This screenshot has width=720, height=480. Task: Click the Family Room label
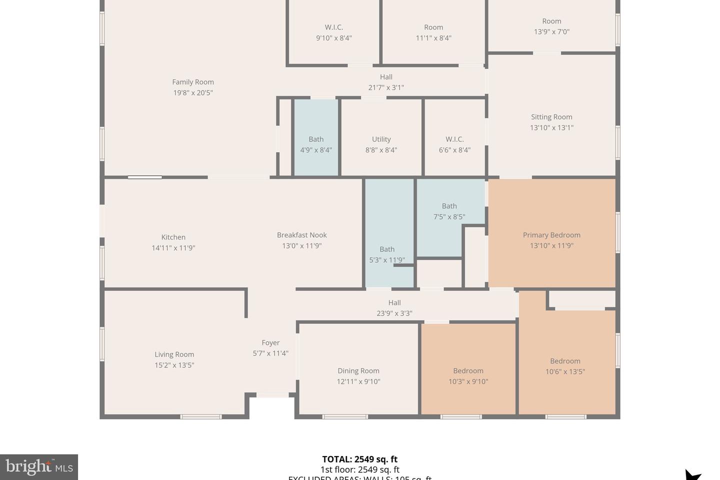click(x=193, y=82)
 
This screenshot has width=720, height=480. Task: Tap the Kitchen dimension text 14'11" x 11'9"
click(x=173, y=248)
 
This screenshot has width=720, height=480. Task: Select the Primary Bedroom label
click(x=551, y=235)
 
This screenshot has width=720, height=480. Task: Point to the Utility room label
click(x=381, y=139)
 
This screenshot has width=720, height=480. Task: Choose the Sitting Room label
click(x=551, y=117)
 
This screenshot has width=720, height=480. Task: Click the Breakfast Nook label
click(x=302, y=235)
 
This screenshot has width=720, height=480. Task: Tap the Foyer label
click(x=270, y=342)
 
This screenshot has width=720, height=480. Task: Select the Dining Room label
click(x=358, y=370)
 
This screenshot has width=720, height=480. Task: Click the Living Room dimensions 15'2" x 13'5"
click(x=174, y=365)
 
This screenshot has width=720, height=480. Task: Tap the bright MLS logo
click(x=39, y=467)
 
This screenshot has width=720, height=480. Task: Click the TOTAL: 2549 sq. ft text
click(x=360, y=459)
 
